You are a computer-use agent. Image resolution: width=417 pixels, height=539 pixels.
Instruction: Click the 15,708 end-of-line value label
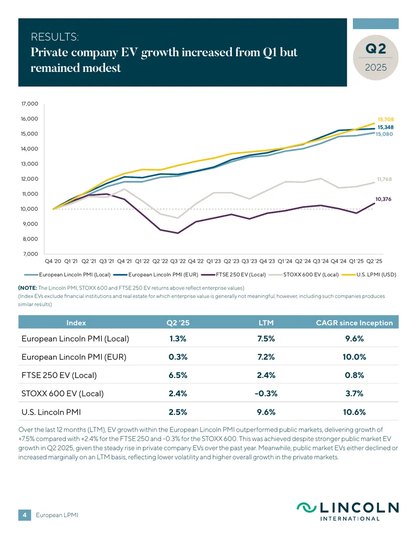coord(386,119)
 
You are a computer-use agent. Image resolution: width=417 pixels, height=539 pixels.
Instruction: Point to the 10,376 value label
coord(383,199)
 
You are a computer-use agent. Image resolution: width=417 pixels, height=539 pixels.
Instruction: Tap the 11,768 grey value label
coord(384,179)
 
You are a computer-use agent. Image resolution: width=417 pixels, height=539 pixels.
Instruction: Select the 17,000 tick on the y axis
coord(30,104)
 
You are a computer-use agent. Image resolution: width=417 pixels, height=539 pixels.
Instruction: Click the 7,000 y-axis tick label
coord(31,254)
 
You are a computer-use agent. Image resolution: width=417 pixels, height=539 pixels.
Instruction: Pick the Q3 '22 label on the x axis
coord(178,261)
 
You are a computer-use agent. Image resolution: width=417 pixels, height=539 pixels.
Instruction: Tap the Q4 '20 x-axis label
coord(53,261)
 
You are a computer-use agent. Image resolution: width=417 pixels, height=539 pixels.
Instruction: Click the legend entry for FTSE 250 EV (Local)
coord(234,274)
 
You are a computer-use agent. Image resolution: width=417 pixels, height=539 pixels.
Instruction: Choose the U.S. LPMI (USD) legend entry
coord(369,274)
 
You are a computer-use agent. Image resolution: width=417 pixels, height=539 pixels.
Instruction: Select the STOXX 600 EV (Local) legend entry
coord(304,274)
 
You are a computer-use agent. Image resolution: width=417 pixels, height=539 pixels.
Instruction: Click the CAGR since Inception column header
coord(354,323)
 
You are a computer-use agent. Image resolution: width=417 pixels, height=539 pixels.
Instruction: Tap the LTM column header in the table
coord(266,323)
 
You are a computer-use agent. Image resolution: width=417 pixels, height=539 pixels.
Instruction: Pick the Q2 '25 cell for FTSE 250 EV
coord(178,375)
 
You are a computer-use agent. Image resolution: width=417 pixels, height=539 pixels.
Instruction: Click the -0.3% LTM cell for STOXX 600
coord(266,393)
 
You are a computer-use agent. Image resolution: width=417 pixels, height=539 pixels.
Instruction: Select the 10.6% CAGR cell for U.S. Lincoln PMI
coord(354,412)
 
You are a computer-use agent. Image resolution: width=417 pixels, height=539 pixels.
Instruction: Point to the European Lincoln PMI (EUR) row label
coord(74,357)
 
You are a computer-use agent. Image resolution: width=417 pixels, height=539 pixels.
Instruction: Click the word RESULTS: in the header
coord(55,37)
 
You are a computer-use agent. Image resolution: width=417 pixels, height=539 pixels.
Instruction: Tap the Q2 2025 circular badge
coord(376,57)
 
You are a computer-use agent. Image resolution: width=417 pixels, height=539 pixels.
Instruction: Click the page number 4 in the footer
coord(24,515)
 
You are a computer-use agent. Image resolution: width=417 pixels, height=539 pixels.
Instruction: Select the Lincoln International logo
coord(348,511)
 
